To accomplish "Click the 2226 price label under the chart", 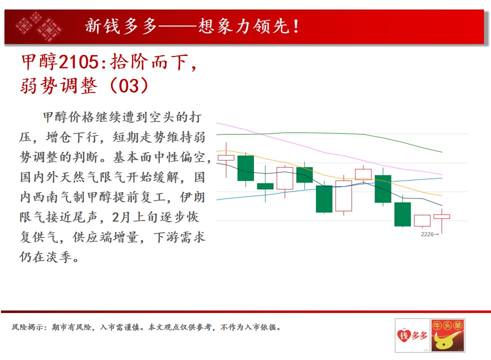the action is (x=429, y=234).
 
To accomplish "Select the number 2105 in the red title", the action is (x=78, y=61).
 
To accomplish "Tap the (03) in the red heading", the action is (x=129, y=85).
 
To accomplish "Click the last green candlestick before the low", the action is (x=402, y=214).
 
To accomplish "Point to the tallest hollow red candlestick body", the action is (x=343, y=195).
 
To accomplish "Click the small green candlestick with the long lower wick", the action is (x=265, y=186).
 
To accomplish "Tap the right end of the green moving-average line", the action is (x=442, y=152).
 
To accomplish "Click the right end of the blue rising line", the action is (x=442, y=178).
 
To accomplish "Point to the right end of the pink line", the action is (x=442, y=174).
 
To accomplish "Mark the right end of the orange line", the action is (x=442, y=195).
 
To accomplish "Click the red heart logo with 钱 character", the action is (x=404, y=335).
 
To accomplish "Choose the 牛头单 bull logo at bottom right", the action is (x=448, y=335).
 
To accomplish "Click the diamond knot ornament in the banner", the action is (x=39, y=27).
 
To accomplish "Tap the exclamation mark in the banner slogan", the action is (x=295, y=26).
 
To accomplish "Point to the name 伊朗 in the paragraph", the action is (x=192, y=197).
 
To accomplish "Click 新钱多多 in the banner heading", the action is (x=121, y=26).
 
